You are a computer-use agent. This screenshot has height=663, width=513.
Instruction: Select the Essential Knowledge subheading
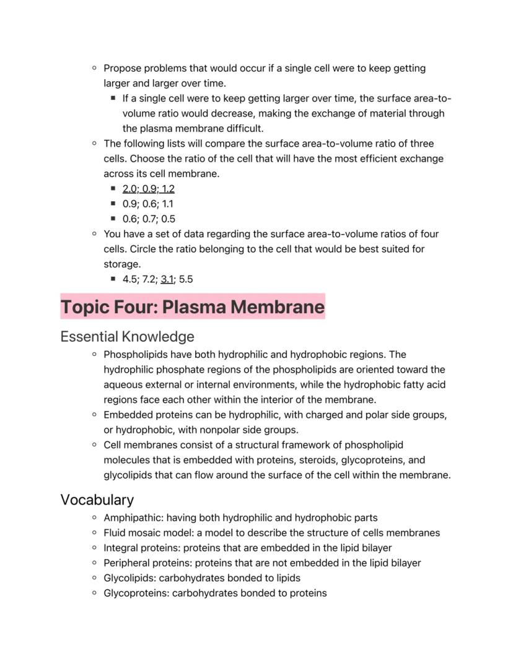click(x=127, y=337)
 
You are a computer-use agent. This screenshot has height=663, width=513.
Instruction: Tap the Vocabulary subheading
click(x=97, y=500)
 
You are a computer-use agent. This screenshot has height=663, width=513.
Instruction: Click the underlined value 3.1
click(x=167, y=279)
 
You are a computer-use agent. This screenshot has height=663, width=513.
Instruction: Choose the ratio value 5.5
click(x=186, y=279)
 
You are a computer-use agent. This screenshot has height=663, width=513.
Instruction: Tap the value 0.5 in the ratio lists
click(x=168, y=219)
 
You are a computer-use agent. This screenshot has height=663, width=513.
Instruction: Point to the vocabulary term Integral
click(x=121, y=548)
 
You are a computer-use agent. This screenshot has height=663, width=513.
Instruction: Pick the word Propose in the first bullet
click(x=123, y=68)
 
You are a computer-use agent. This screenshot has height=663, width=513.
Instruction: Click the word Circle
click(x=118, y=249)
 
